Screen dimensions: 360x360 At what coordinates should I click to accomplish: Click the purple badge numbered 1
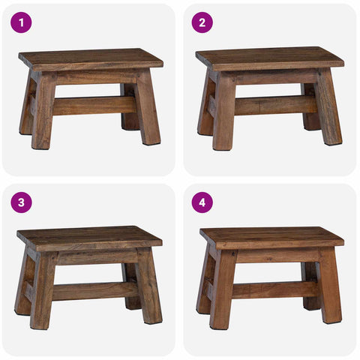(x=21, y=22)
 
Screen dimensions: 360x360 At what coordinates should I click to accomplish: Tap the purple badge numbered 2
(x=202, y=22)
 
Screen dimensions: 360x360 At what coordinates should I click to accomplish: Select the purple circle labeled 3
(x=21, y=202)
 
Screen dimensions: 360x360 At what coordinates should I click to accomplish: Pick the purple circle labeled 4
(x=202, y=202)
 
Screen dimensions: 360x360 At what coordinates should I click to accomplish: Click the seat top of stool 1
(x=91, y=59)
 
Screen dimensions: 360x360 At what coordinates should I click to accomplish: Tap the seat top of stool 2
(x=269, y=58)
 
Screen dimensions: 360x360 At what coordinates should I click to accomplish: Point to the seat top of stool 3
(x=89, y=238)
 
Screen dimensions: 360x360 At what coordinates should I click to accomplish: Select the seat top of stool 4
(x=271, y=238)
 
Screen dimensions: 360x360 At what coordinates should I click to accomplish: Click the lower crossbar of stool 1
(x=94, y=106)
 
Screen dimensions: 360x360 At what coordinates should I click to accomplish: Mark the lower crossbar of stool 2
(x=276, y=106)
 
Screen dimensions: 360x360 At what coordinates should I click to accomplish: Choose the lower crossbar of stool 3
(x=95, y=291)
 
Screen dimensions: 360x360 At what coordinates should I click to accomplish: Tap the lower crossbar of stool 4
(x=274, y=289)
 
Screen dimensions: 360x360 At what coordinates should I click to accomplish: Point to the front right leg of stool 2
(x=328, y=107)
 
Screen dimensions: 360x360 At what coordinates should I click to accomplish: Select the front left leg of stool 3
(x=43, y=289)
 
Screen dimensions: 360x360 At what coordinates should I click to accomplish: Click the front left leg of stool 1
(x=44, y=110)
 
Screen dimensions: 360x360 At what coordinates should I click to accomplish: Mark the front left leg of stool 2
(x=224, y=110)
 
